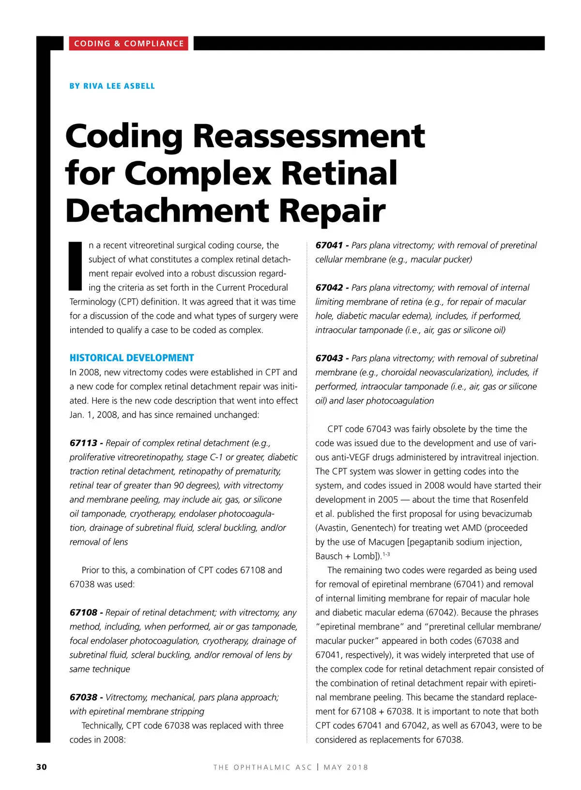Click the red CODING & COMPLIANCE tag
pyautogui.click(x=129, y=44)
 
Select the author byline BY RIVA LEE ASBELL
pyautogui.click(x=112, y=86)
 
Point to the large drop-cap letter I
pyautogui.click(x=76, y=265)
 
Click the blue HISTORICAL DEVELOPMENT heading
pyautogui.click(x=132, y=358)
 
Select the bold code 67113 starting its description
pyautogui.click(x=83, y=443)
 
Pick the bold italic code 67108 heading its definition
pyautogui.click(x=83, y=613)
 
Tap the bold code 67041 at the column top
pyautogui.click(x=329, y=246)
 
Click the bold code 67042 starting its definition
pyautogui.click(x=329, y=288)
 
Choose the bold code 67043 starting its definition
pyautogui.click(x=329, y=358)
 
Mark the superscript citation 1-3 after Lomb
pyautogui.click(x=386, y=554)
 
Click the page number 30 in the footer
pyautogui.click(x=42, y=767)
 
